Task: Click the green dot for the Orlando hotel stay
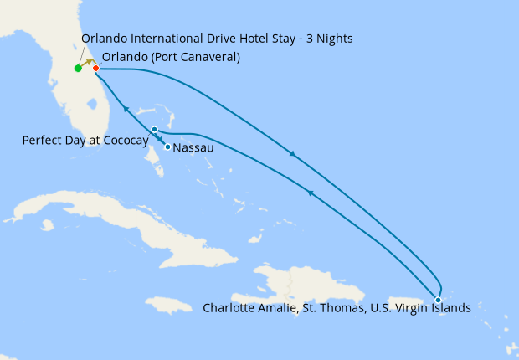(78, 69)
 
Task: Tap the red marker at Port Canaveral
(95, 68)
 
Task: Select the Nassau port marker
(168, 147)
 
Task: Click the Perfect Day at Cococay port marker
(154, 130)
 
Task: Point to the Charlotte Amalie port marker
(438, 300)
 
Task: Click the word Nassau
(194, 148)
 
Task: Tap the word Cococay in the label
(125, 141)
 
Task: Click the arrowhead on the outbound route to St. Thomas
(291, 153)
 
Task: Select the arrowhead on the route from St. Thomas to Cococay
(310, 193)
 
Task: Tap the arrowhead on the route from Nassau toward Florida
(126, 109)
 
